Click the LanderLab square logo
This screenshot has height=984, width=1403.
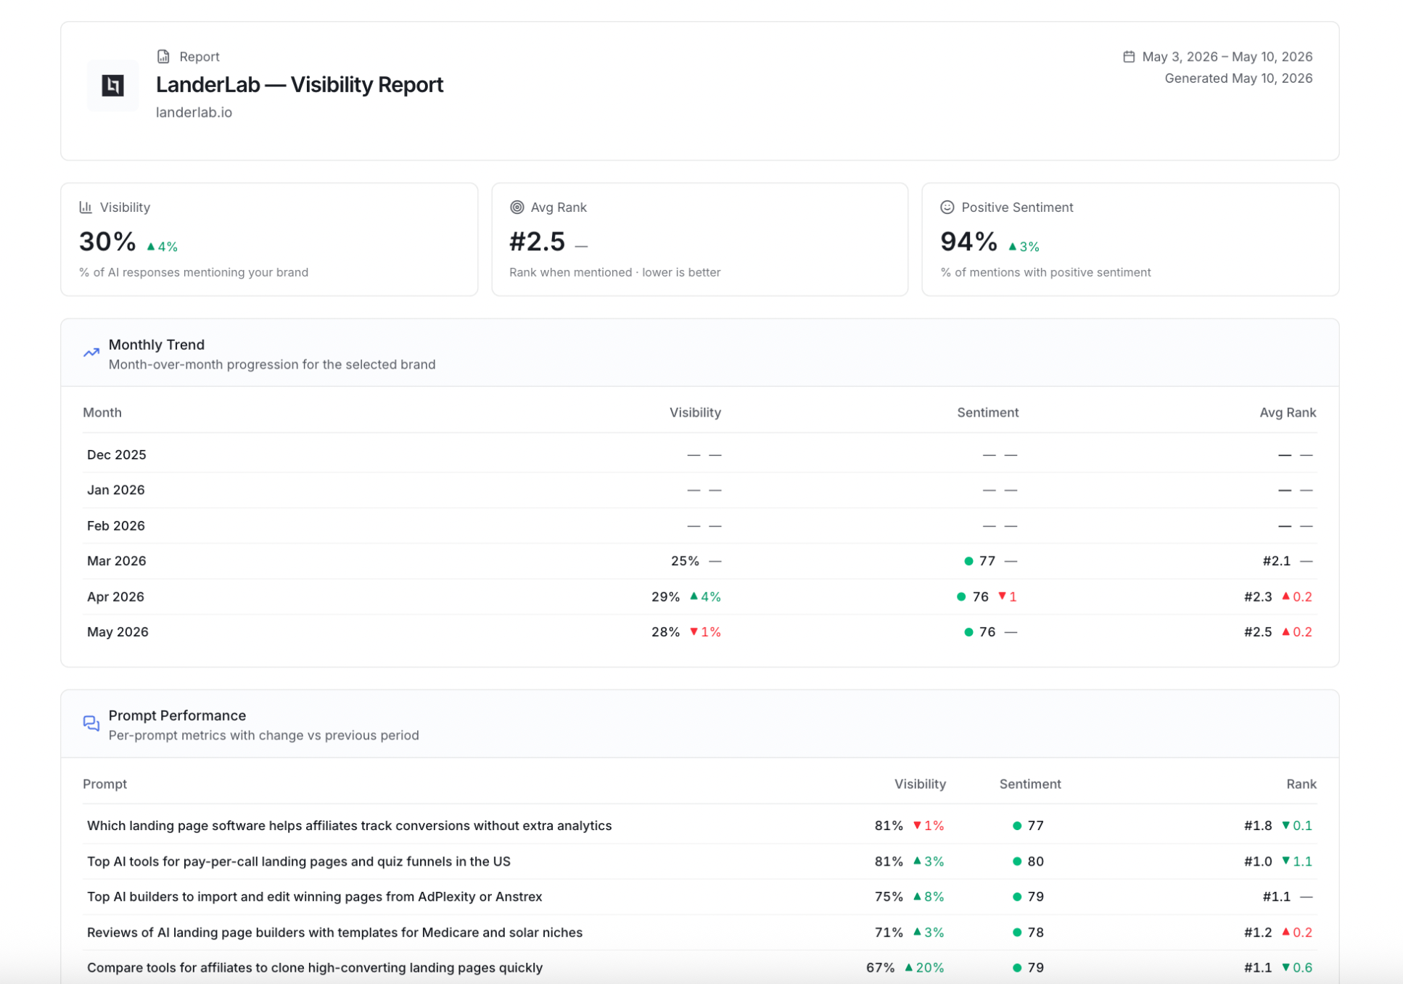point(112,86)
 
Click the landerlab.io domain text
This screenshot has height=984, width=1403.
point(194,112)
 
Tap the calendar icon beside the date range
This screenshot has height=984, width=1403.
point(1129,57)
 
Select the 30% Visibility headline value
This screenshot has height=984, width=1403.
point(107,242)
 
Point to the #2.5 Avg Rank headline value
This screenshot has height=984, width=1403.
point(537,242)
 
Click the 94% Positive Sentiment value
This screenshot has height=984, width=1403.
point(968,242)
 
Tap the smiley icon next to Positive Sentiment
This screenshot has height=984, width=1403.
point(947,208)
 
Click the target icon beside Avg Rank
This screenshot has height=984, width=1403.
point(517,208)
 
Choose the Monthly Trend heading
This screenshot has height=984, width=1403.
point(157,345)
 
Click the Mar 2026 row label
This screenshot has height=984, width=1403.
point(117,561)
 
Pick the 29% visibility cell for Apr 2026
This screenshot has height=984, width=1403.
point(665,596)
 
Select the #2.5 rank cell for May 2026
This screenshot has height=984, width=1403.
point(1258,632)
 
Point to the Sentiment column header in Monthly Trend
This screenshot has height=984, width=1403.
point(987,413)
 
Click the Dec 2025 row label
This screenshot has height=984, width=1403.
point(117,455)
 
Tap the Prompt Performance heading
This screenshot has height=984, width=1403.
point(177,716)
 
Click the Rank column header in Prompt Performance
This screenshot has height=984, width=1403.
point(1301,784)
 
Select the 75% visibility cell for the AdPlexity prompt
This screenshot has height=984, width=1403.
point(889,897)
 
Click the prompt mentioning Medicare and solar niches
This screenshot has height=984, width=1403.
point(334,932)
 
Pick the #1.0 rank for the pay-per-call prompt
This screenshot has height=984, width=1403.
point(1258,861)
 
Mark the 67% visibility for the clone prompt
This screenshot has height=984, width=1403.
point(880,968)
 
